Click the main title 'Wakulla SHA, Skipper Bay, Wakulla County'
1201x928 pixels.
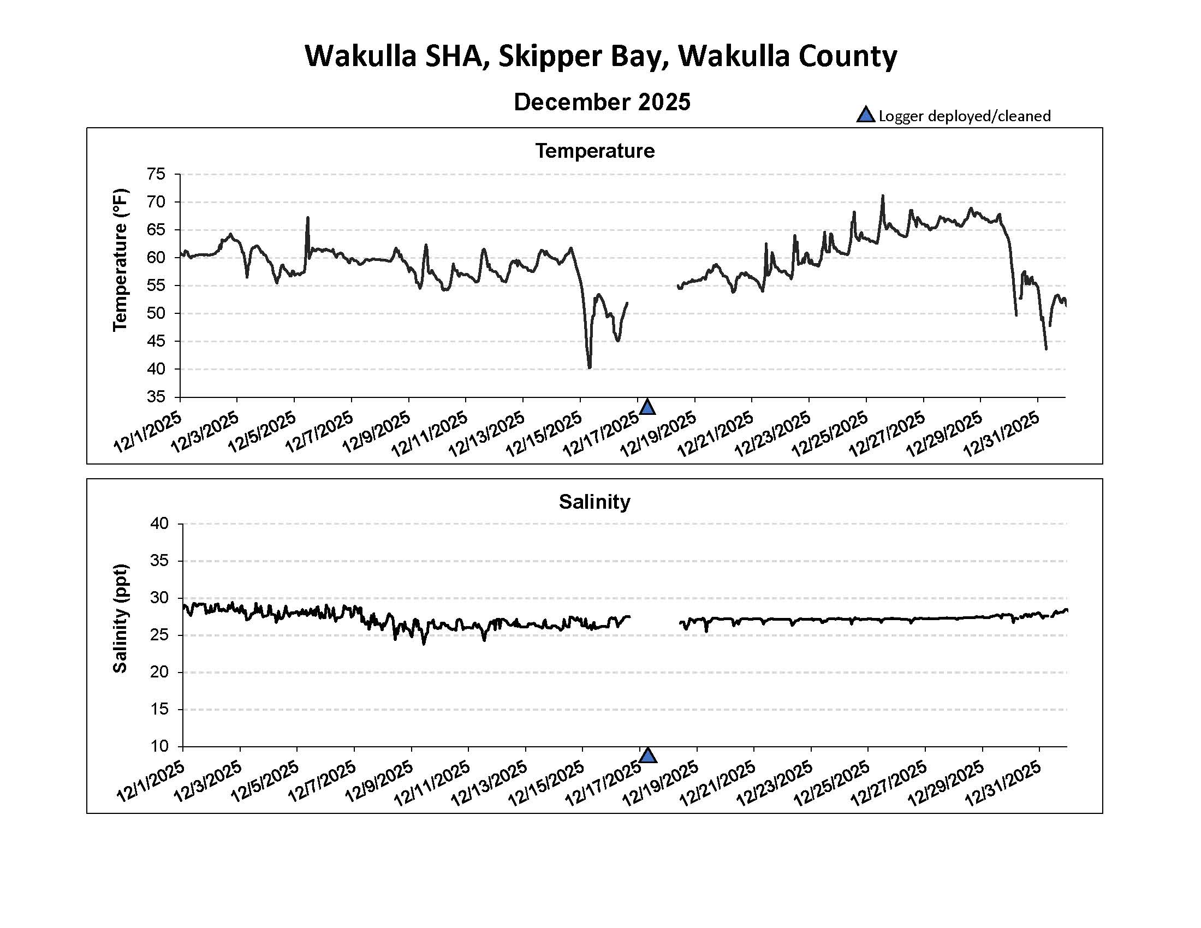(x=600, y=56)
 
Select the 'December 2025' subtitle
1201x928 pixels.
(x=602, y=102)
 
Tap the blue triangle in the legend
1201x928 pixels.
(x=865, y=115)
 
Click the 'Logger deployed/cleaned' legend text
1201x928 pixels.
(x=964, y=116)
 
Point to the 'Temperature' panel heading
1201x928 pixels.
(x=594, y=151)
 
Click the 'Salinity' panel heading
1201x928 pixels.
(x=594, y=502)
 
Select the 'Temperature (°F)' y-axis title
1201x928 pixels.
(x=120, y=259)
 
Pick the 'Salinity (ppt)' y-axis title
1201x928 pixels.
(x=120, y=618)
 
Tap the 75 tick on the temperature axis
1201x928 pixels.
(x=156, y=174)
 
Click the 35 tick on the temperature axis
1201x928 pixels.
(x=156, y=397)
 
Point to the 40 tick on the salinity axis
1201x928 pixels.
(x=159, y=524)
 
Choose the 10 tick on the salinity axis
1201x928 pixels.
(x=159, y=747)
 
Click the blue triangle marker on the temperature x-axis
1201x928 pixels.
(x=647, y=407)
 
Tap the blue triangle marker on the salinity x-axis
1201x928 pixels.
(x=649, y=756)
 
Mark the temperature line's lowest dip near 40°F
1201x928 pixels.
(x=590, y=367)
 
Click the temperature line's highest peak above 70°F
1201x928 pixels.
(x=883, y=196)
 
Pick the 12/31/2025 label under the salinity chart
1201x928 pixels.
(x=1003, y=783)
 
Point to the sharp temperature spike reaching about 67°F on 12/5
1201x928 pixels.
(x=308, y=218)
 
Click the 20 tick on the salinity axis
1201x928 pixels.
(x=159, y=673)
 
